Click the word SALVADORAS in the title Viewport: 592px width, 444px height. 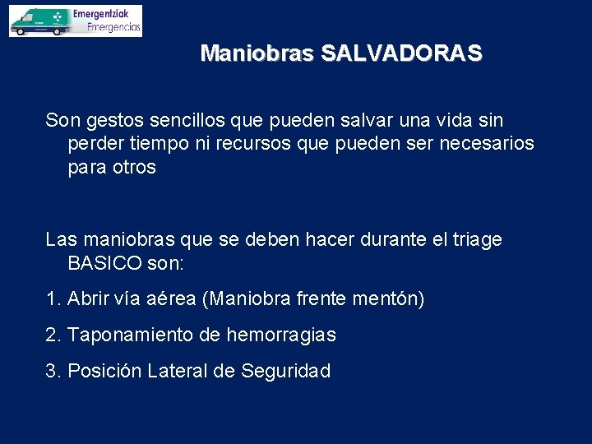tap(401, 54)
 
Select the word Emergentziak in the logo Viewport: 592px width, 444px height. tap(106, 14)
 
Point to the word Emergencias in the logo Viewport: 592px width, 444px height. tap(113, 27)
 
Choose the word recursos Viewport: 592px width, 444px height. tap(261, 144)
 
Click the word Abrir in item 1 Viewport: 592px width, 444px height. tap(87, 299)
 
